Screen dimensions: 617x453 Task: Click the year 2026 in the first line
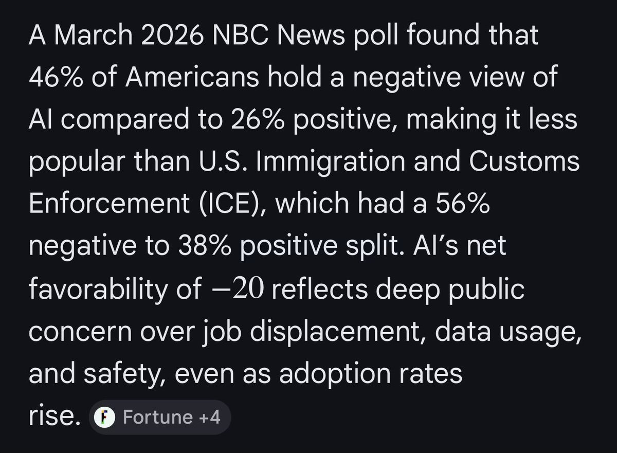172,34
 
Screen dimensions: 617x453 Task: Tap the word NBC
241,34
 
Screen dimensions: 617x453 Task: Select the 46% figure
56,77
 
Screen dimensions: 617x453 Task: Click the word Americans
192,77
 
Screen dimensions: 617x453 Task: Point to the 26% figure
258,119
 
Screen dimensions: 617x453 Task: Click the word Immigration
331,161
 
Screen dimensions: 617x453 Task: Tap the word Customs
524,161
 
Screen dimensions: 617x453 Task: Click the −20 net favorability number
238,288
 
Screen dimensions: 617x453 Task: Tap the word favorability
98,288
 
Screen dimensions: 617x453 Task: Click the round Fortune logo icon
104,417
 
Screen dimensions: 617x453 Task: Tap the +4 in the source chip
210,417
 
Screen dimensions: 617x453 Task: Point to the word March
94,34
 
